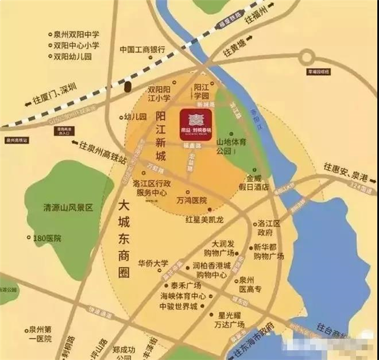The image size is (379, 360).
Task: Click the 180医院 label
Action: click(48, 238)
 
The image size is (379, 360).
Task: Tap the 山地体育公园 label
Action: click(233, 146)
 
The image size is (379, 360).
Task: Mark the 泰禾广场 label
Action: click(185, 285)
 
